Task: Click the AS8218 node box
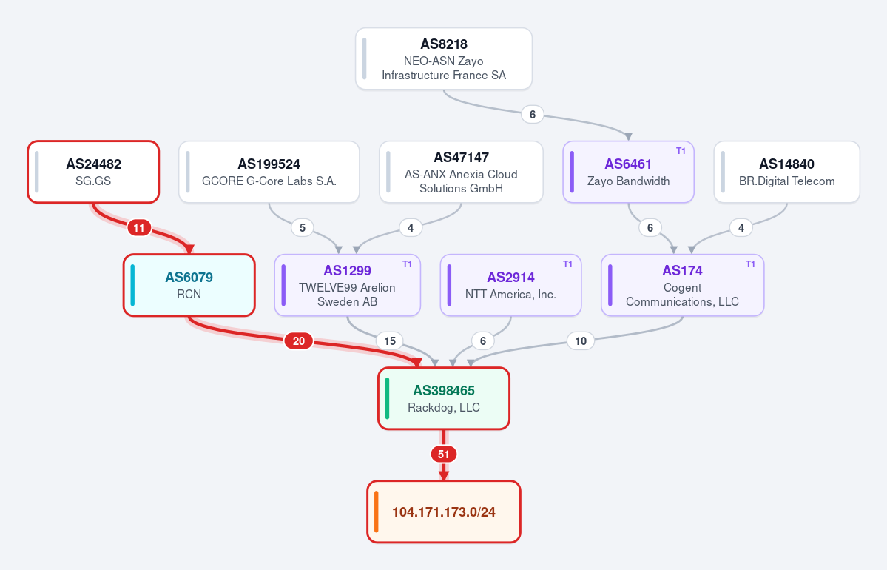(444, 59)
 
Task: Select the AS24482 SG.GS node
(93, 172)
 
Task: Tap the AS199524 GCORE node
(269, 172)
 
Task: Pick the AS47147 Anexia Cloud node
(461, 172)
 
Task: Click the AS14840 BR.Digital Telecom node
(787, 172)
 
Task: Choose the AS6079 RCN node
(189, 285)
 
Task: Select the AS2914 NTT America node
(510, 285)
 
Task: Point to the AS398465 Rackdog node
(444, 398)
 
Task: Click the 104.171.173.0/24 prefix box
(444, 512)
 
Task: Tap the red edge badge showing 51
(444, 454)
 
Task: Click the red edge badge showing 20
(299, 341)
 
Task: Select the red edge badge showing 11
(139, 228)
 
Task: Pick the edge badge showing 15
(390, 341)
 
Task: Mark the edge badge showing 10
(581, 341)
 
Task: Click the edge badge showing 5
(303, 227)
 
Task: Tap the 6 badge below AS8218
(533, 114)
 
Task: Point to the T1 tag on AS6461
(681, 151)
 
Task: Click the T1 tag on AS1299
(408, 264)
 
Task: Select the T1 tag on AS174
(751, 264)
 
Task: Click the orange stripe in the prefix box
(377, 512)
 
